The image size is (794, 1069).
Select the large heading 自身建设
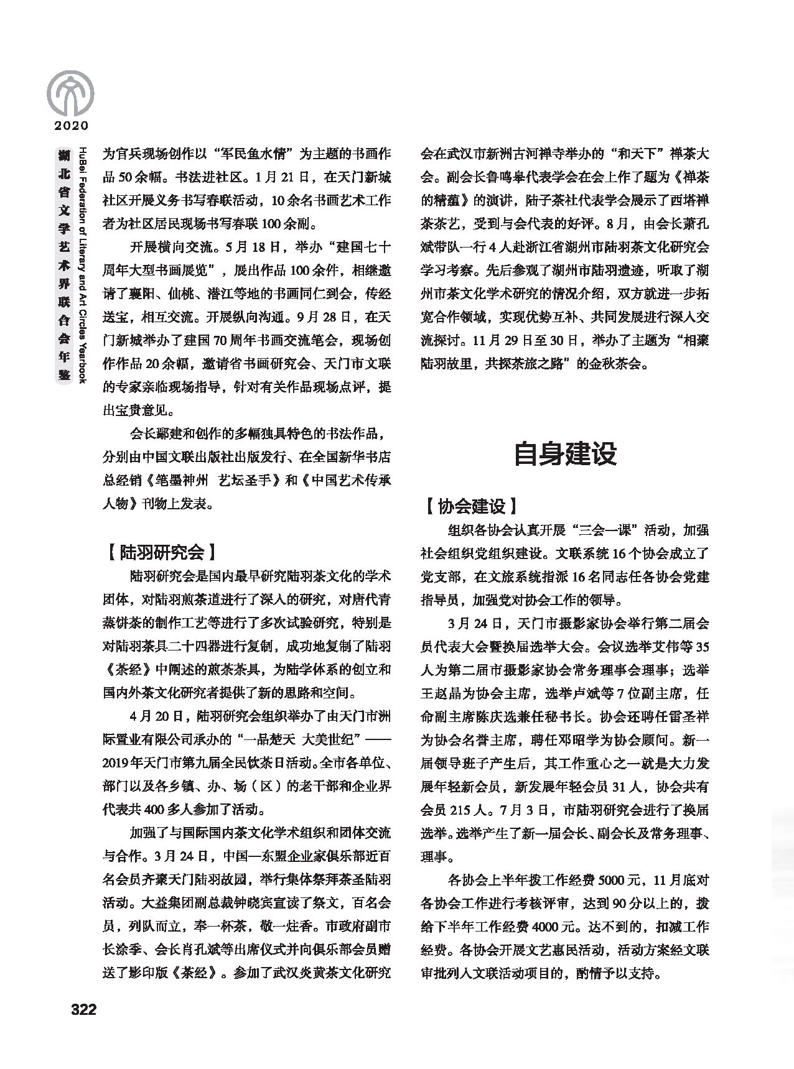point(565,454)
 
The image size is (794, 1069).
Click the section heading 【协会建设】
point(471,506)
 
